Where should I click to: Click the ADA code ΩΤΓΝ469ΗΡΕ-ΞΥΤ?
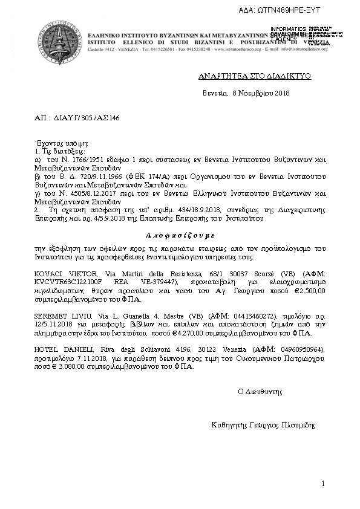click(301, 11)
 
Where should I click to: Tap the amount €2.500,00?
click(306, 290)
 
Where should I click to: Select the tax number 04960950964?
click(301, 350)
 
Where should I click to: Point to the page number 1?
click(324, 484)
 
